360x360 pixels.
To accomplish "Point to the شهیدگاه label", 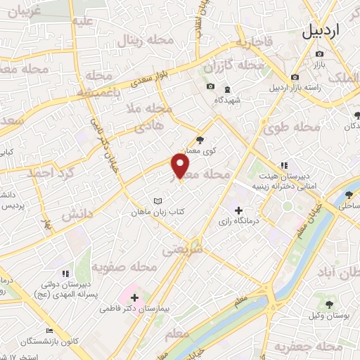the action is tap(227, 100).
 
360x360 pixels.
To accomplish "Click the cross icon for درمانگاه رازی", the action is tap(238, 210).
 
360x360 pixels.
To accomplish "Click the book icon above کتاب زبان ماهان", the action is tap(158, 200).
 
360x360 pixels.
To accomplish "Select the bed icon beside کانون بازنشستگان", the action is tap(49, 330).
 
